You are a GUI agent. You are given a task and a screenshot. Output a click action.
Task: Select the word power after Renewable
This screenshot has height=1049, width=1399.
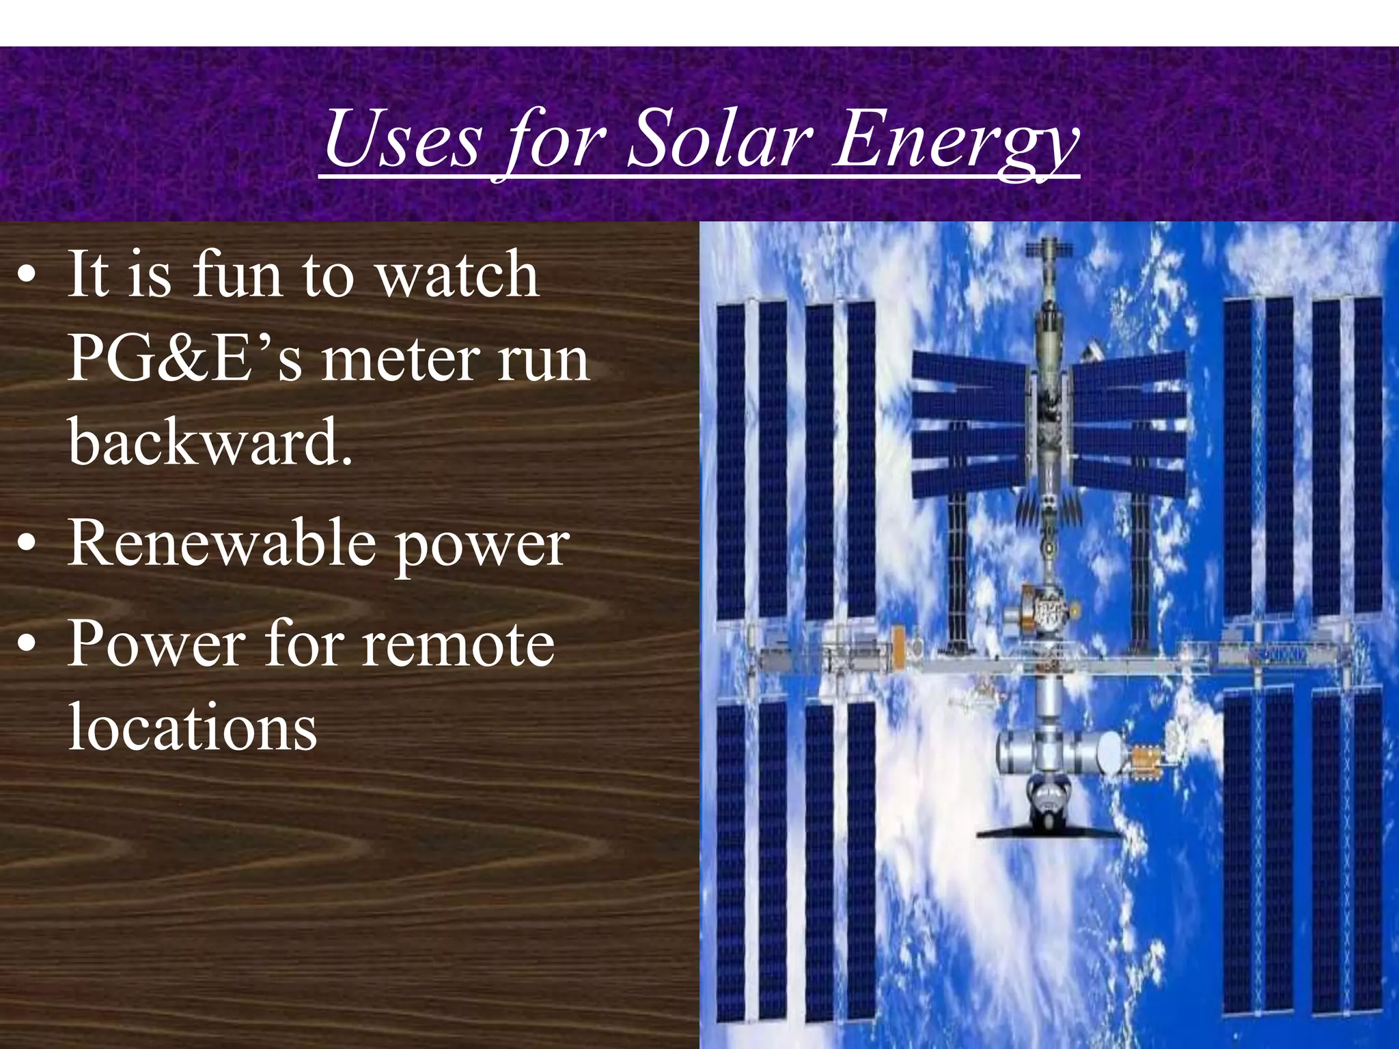482,546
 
